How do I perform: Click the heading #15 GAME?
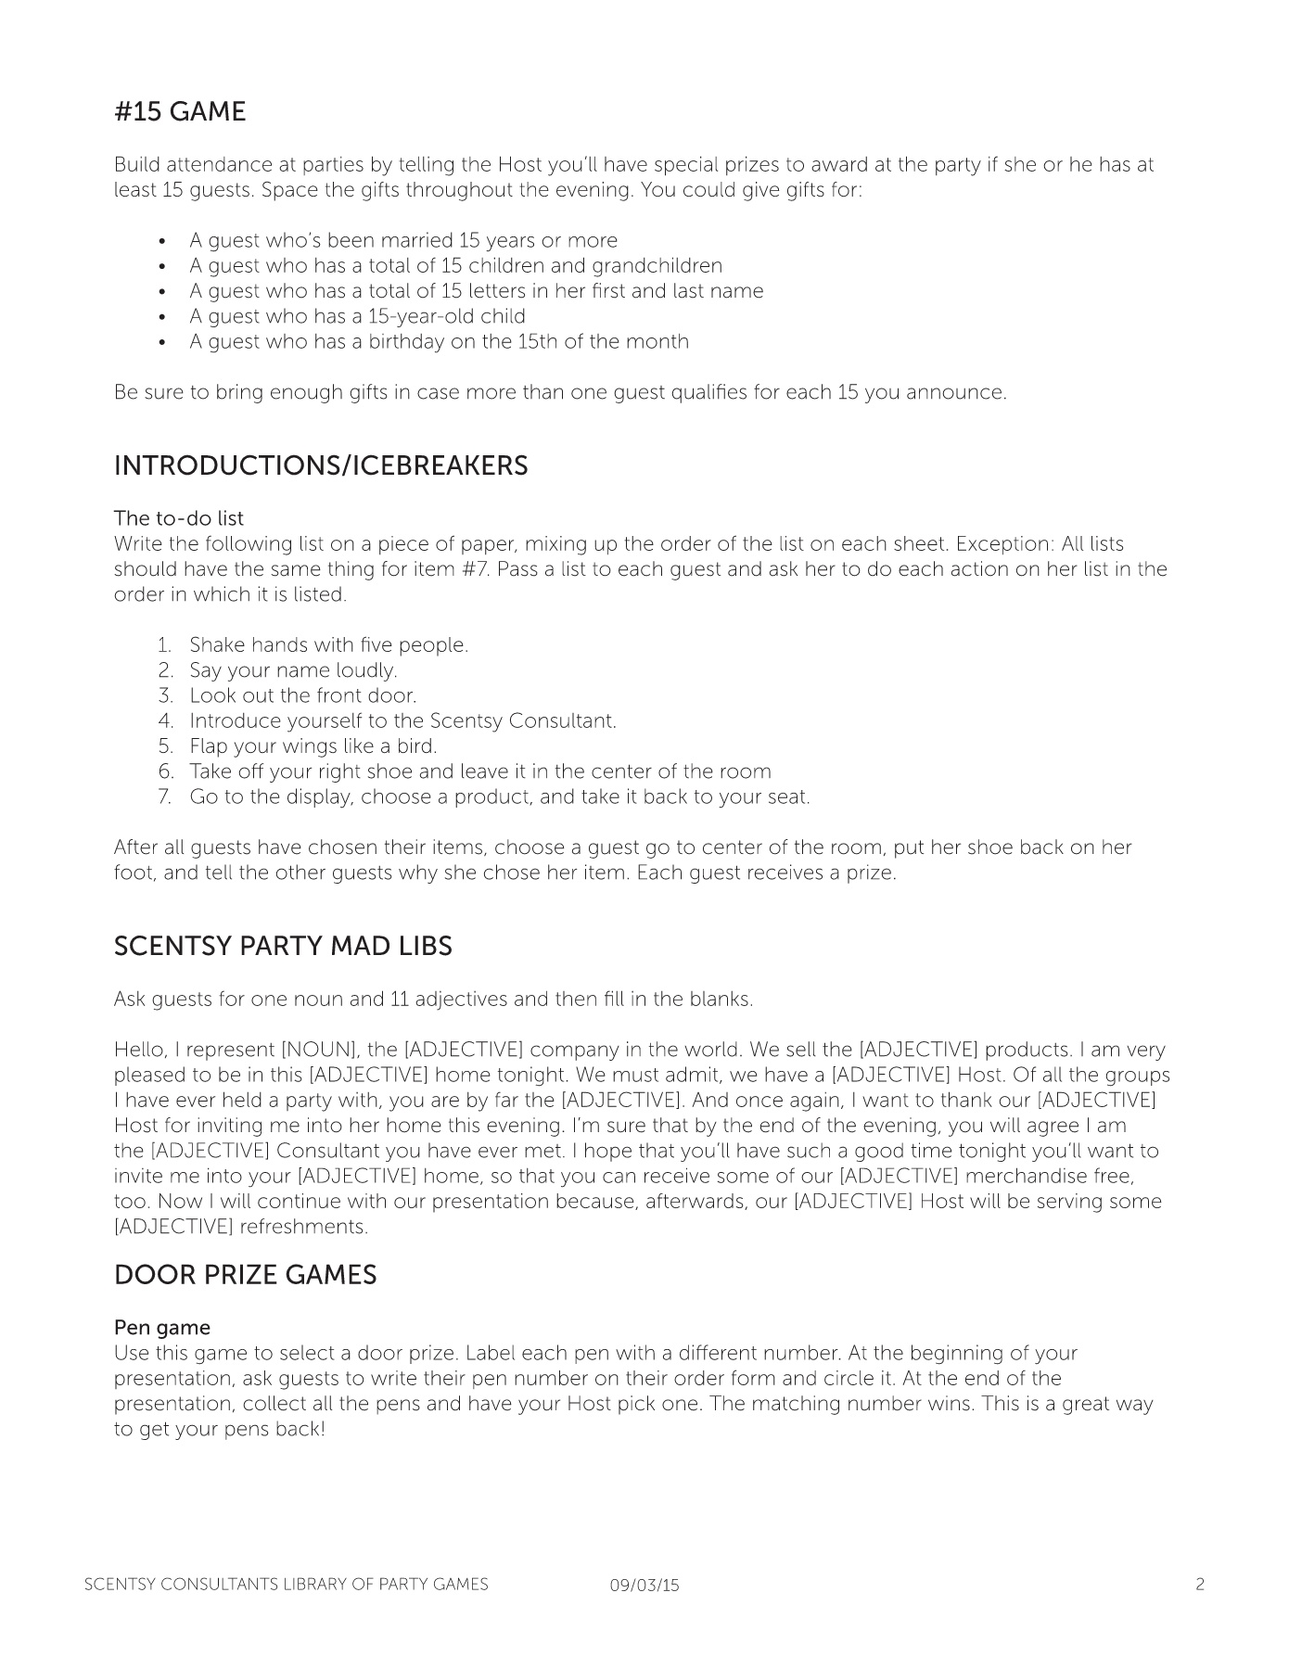pos(180,112)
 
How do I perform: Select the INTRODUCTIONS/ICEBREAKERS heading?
pos(321,465)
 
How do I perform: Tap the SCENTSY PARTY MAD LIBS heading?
pos(283,947)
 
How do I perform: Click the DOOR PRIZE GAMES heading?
pos(245,1275)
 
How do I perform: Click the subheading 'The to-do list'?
pos(179,517)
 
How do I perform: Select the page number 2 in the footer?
pos(1200,1585)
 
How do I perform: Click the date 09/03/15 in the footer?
pos(644,1586)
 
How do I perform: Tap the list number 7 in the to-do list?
pos(165,797)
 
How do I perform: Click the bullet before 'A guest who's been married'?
pos(163,241)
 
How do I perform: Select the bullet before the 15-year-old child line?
pos(163,317)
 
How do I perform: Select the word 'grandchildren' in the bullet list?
pos(657,266)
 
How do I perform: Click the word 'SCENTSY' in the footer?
pos(119,1585)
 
